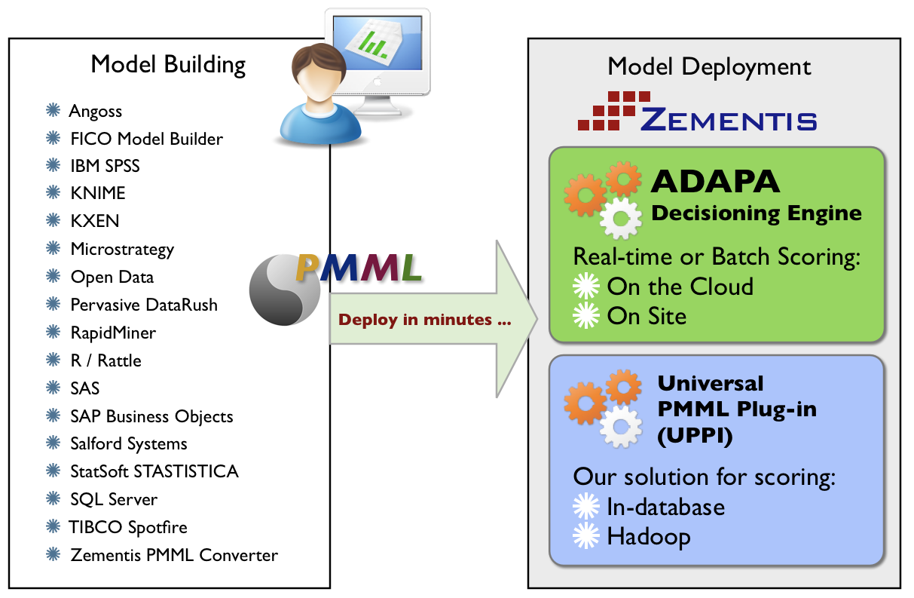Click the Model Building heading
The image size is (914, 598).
(168, 65)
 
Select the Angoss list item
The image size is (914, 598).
(96, 112)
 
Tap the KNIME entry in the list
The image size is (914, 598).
(98, 194)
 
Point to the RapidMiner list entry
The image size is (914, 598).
(113, 333)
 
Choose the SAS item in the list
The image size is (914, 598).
(85, 388)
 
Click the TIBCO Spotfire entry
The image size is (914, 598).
(128, 527)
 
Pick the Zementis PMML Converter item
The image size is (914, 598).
(174, 555)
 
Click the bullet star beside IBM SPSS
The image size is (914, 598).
(53, 166)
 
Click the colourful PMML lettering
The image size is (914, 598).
(359, 268)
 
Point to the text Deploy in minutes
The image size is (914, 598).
(425, 320)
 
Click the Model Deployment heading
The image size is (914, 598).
(709, 66)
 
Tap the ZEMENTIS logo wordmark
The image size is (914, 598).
(729, 119)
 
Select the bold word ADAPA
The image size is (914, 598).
(715, 182)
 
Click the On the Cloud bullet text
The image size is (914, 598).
(680, 287)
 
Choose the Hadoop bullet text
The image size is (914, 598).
(648, 537)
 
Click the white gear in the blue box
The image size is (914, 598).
(620, 428)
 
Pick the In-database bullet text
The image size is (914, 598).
(665, 508)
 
